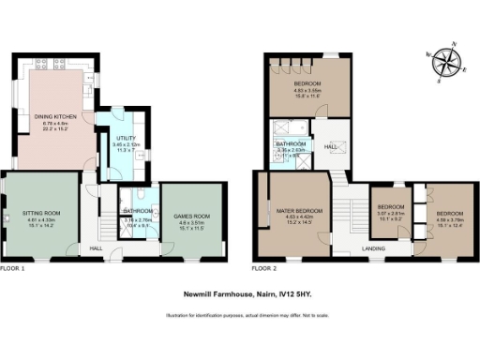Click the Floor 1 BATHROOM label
138,212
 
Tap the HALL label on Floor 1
96,248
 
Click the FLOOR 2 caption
266,268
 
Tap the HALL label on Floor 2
330,146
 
